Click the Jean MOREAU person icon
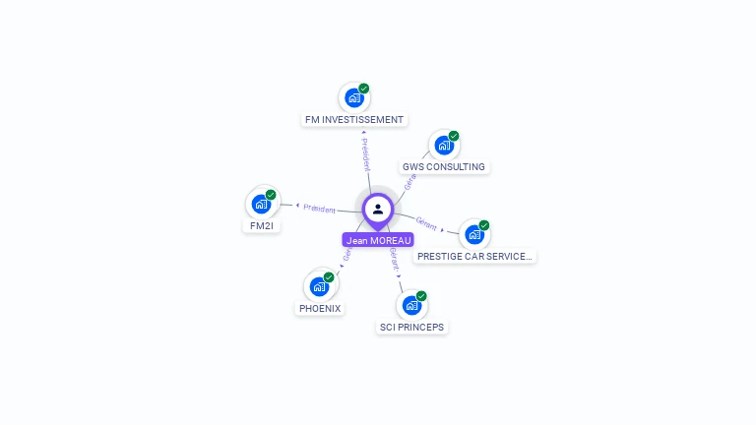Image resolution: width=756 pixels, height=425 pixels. [x=378, y=209]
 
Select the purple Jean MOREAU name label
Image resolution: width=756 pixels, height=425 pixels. [x=378, y=240]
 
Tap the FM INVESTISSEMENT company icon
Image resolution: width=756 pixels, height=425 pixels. [x=353, y=98]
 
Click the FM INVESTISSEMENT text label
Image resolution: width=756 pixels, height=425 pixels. [x=354, y=120]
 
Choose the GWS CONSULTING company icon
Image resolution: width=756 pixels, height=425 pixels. [x=444, y=146]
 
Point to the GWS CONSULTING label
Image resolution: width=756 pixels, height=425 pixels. [x=444, y=167]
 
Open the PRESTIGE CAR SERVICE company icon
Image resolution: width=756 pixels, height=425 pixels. [x=474, y=235]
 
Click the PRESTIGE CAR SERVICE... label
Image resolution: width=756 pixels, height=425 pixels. [x=474, y=256]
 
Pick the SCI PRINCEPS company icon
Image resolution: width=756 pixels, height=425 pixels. [x=411, y=306]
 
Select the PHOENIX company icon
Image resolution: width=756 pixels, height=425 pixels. [x=319, y=287]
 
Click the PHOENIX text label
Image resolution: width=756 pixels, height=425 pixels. [x=320, y=308]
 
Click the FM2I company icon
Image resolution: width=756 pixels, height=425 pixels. [x=261, y=205]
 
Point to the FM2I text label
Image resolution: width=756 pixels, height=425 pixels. [x=262, y=226]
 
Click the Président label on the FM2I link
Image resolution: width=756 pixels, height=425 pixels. [x=319, y=209]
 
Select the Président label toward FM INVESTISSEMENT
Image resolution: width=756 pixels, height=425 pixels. [x=365, y=154]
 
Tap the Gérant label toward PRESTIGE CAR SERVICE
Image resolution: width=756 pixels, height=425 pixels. [x=426, y=223]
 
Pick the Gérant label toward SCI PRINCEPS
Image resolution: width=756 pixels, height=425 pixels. [x=394, y=259]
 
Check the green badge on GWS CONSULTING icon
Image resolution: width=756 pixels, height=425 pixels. [x=454, y=136]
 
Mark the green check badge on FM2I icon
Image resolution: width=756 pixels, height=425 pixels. [x=271, y=195]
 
